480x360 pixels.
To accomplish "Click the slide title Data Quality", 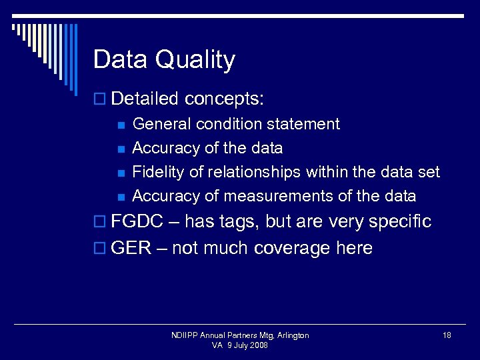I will pos(164,60).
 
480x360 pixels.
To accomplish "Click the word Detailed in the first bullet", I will pos(145,99).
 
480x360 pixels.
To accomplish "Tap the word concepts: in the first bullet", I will pos(225,99).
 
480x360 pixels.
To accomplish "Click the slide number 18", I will pos(447,335).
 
